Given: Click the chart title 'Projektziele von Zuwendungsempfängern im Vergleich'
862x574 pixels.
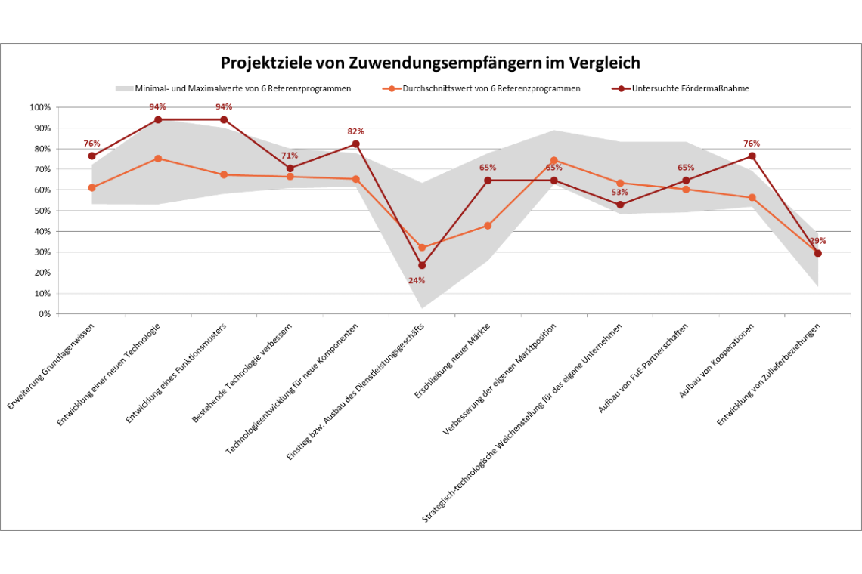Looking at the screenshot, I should [x=430, y=63].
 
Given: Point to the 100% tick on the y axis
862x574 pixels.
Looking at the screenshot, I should [x=39, y=107].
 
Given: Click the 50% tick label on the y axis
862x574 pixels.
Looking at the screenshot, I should [x=39, y=211].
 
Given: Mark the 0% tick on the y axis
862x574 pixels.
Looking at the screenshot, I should [x=42, y=314].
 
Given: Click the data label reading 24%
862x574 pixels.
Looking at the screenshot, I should [x=417, y=280].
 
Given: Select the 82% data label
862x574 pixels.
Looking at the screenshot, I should [x=355, y=131].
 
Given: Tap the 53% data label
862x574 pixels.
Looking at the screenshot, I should [x=620, y=192].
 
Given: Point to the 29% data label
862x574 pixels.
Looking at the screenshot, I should [x=818, y=241].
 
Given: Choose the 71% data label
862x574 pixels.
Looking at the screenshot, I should [x=290, y=156].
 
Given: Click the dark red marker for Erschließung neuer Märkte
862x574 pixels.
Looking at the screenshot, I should [x=488, y=181].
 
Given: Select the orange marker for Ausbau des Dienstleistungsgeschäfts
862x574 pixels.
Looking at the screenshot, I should [x=422, y=248].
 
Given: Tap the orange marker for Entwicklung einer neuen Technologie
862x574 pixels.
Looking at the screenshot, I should [x=158, y=159].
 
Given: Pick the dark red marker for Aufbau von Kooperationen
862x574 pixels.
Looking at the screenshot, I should [x=752, y=156].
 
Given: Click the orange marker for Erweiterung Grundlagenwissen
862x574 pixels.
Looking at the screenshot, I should [x=91, y=188].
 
